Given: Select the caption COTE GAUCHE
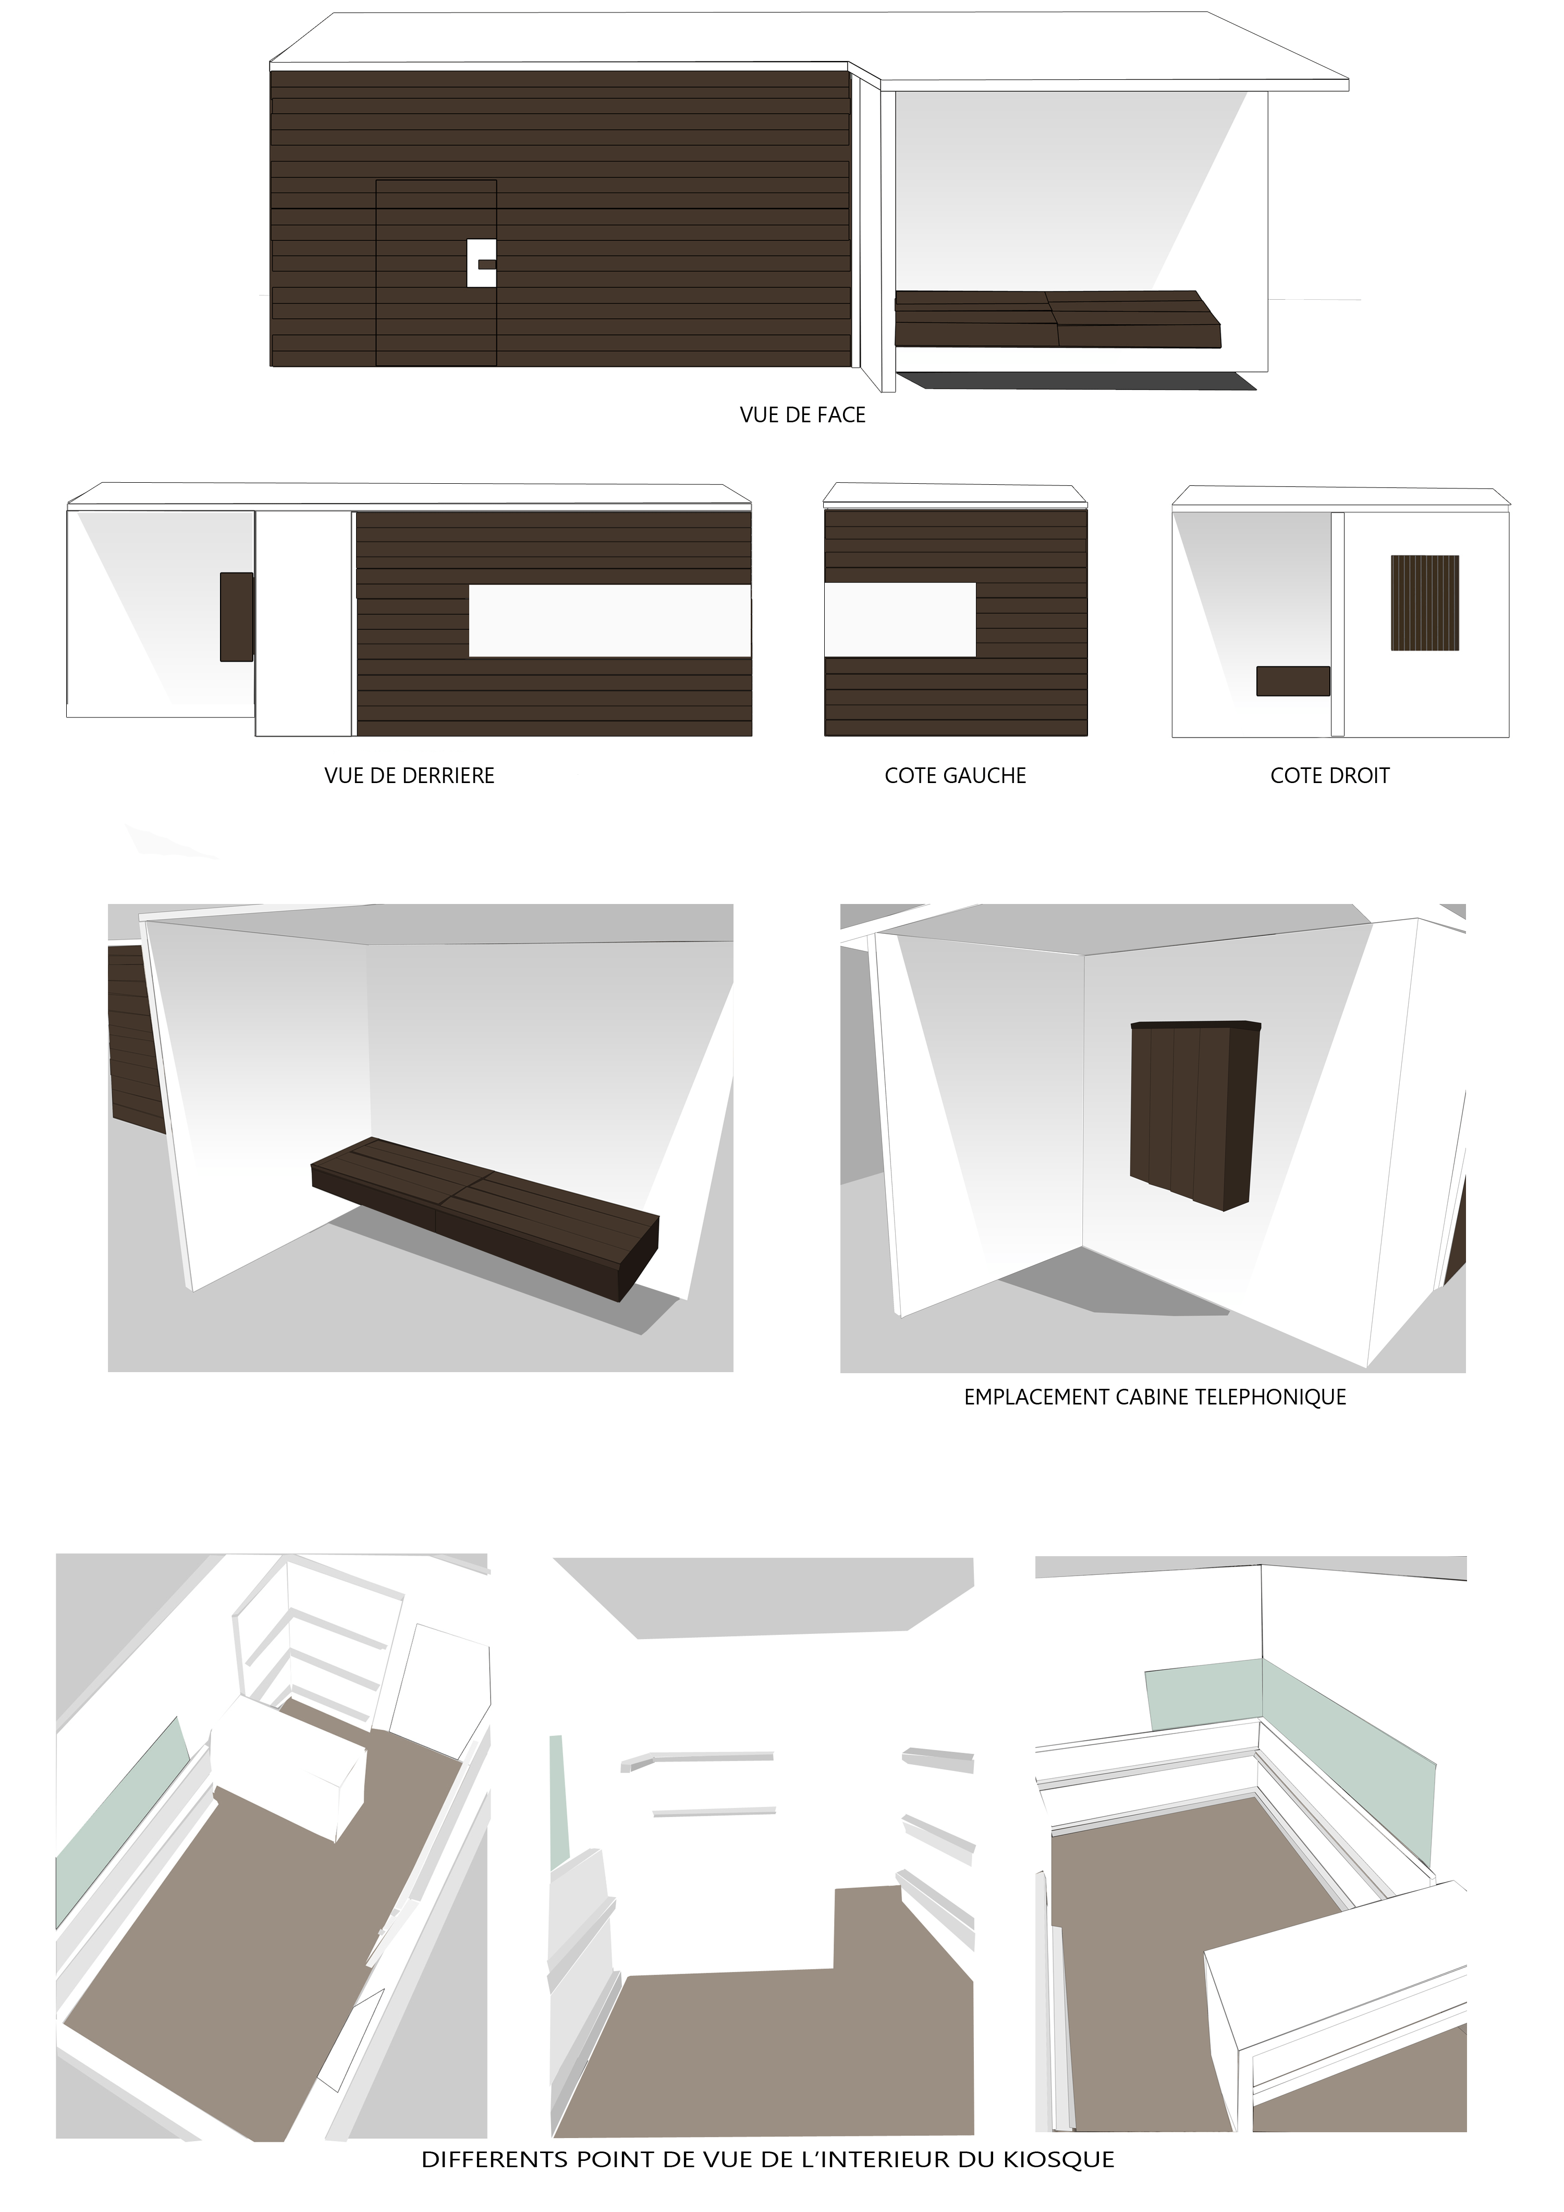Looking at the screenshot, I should pos(955,776).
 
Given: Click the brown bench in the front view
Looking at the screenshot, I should pos(1055,319).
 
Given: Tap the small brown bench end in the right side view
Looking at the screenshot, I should pos(1292,681).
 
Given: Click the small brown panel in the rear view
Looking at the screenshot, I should pos(236,617).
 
